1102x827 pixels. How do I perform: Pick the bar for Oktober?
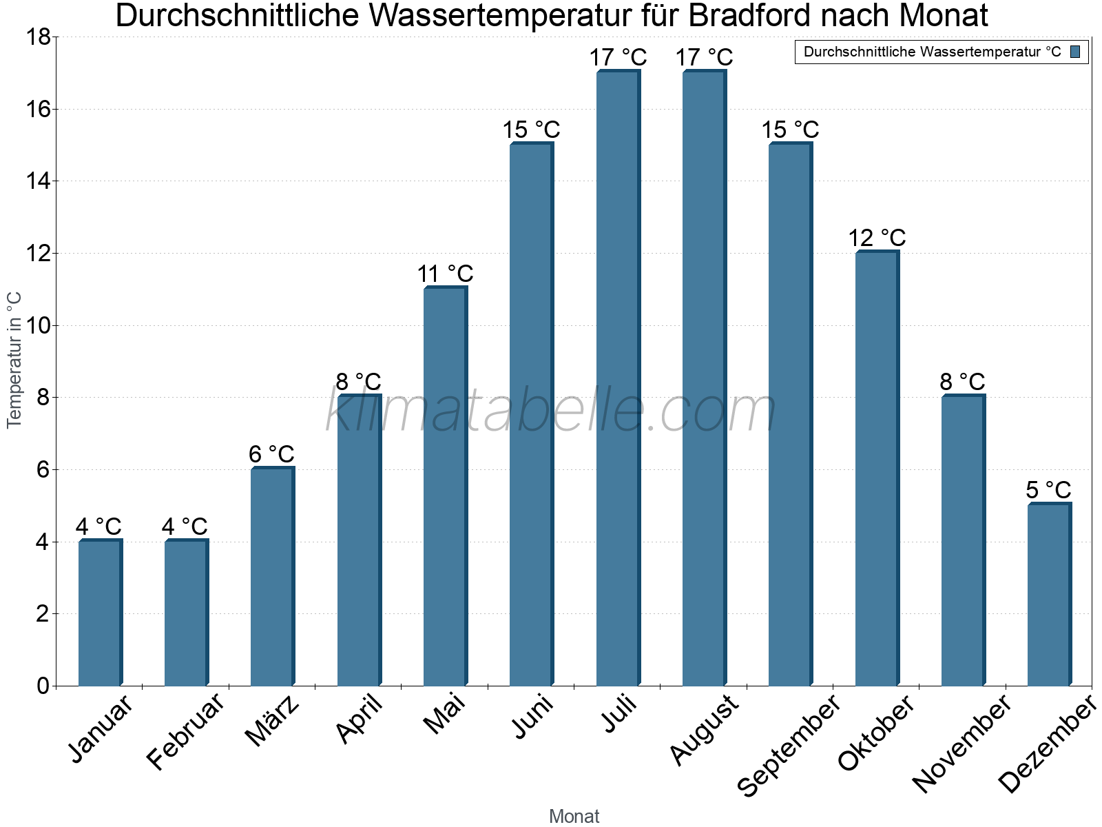coord(877,468)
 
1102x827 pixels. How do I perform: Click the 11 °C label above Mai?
coord(445,274)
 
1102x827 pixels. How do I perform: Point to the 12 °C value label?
coord(877,238)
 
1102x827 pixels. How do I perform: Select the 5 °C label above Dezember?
coord(1048,490)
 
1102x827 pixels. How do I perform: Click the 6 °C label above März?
coord(271,454)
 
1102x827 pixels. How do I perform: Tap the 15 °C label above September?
coord(790,130)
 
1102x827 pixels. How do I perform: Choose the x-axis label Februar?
coord(185,731)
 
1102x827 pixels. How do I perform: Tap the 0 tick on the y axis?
coord(43,686)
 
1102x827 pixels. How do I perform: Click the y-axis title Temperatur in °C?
coord(14,360)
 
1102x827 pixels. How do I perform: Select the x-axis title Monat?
coord(574,816)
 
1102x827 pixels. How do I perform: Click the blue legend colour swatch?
coord(1075,52)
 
